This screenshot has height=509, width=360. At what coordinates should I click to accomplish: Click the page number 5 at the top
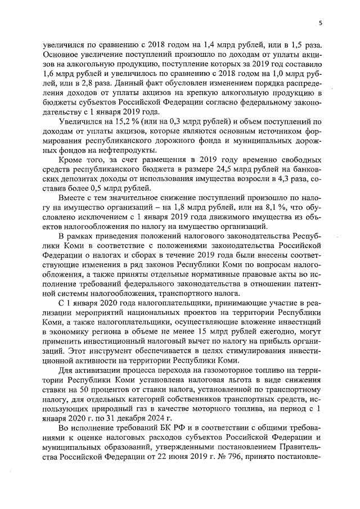[320, 23]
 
